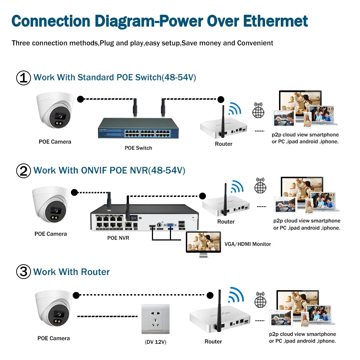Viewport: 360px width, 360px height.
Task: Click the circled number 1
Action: click(24, 78)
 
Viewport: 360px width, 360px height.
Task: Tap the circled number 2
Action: click(24, 170)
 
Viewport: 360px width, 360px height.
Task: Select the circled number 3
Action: click(24, 271)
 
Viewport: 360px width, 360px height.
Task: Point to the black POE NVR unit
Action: click(144, 220)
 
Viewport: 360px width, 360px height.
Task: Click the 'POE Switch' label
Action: click(139, 148)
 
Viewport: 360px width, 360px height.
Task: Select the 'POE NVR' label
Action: click(118, 238)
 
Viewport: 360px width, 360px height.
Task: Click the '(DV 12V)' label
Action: click(155, 342)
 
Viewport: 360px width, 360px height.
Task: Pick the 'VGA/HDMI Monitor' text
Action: click(248, 244)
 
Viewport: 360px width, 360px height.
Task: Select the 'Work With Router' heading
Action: click(71, 272)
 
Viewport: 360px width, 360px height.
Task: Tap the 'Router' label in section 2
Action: click(226, 222)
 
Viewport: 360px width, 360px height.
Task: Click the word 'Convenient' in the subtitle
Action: click(255, 43)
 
